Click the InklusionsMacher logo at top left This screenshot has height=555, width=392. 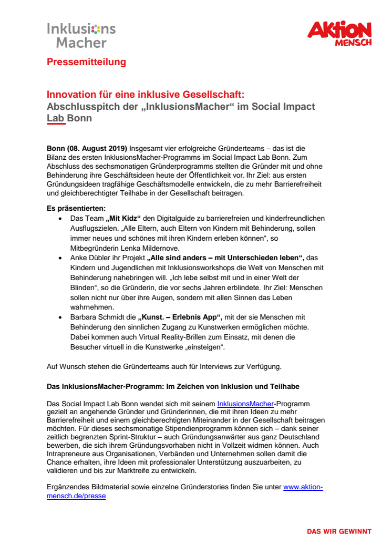[81, 35]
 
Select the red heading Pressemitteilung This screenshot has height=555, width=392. [86, 62]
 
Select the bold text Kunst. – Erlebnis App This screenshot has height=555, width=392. [179, 317]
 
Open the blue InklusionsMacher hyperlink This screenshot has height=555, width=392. [245, 404]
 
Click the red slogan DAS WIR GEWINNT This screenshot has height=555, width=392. [339, 531]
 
